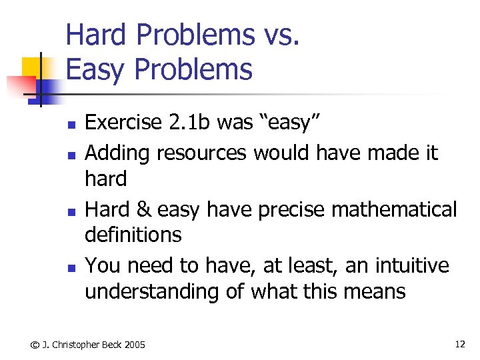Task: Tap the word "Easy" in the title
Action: (x=95, y=69)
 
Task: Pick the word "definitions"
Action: (x=133, y=235)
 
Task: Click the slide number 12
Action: (x=459, y=344)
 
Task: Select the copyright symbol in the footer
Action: (x=35, y=345)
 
